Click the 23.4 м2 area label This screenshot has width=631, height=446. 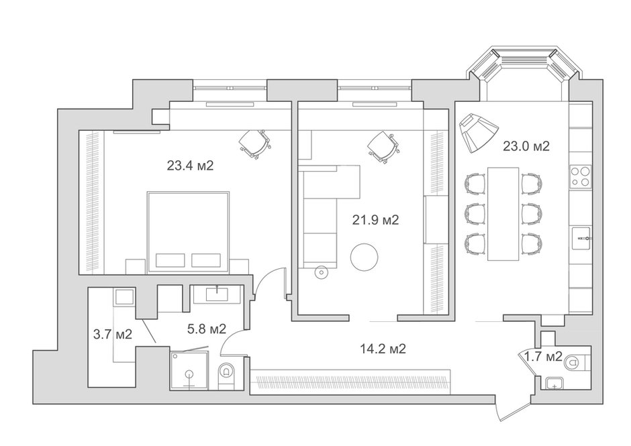(x=190, y=165)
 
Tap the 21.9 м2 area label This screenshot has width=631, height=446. (x=375, y=220)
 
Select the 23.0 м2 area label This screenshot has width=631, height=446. (x=526, y=146)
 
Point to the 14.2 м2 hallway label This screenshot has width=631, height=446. (x=383, y=349)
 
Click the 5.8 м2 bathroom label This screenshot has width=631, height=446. (x=207, y=329)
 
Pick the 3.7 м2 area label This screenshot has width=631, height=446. (x=113, y=334)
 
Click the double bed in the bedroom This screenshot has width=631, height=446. (x=189, y=233)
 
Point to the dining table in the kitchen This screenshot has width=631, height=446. (x=503, y=213)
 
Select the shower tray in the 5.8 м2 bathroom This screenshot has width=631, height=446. (x=189, y=370)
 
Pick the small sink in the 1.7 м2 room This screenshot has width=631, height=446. (x=555, y=384)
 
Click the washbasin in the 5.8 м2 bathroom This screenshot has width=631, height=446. (x=217, y=294)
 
